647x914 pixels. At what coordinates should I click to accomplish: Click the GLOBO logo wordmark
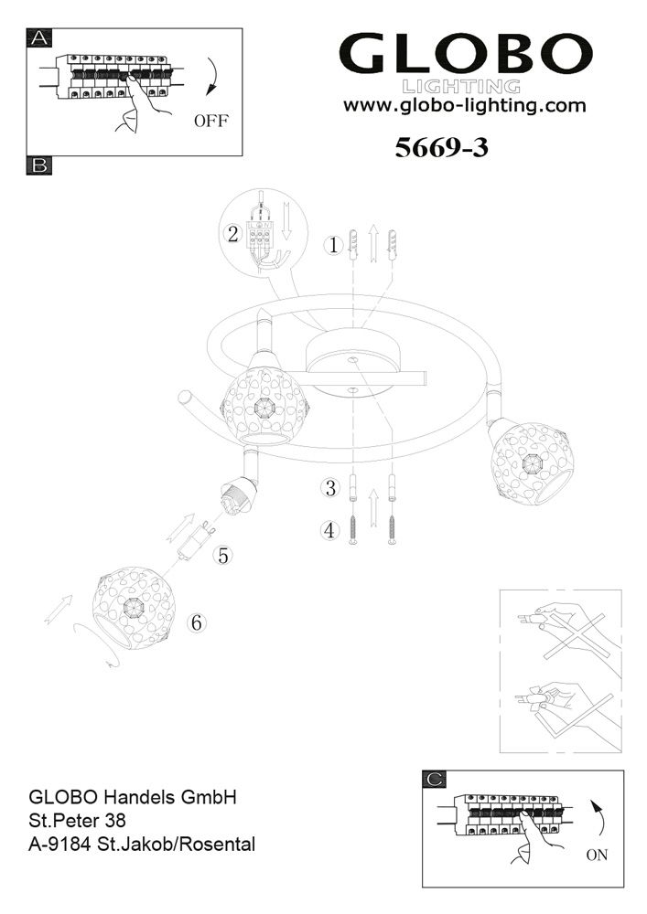coord(466,57)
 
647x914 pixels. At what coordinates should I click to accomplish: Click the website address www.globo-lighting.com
coord(464,105)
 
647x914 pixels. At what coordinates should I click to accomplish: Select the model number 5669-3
coord(441,149)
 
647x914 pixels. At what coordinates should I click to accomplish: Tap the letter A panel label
coord(40,37)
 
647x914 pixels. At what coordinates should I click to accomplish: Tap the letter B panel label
coord(40,165)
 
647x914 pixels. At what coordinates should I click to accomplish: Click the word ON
coord(596,857)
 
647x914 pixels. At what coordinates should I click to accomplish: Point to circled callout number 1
coord(334,245)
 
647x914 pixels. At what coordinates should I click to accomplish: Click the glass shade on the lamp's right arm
coord(526,462)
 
